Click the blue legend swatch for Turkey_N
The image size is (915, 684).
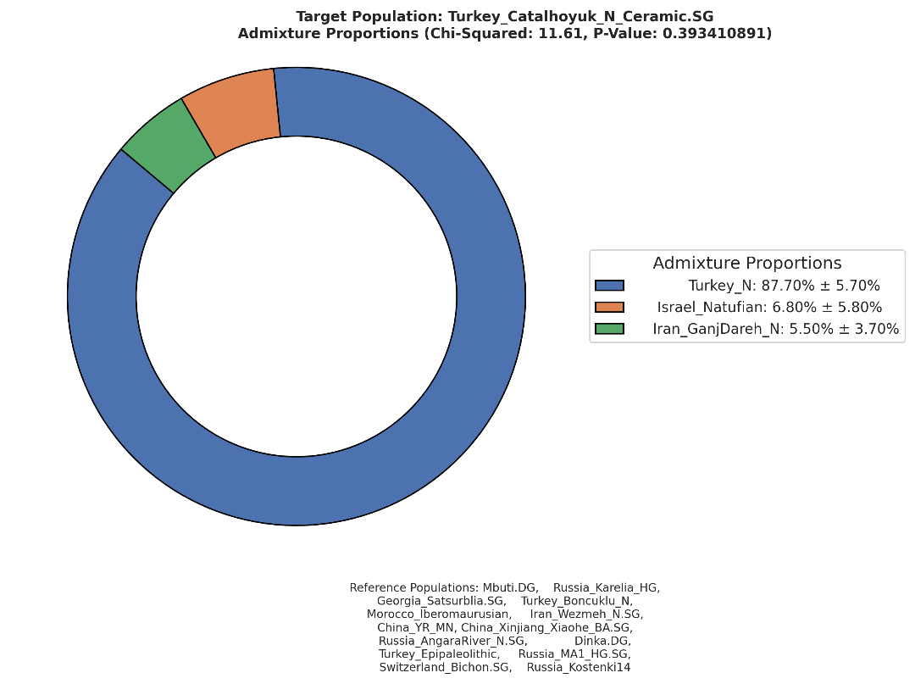point(609,286)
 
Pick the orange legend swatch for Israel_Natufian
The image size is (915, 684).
point(609,307)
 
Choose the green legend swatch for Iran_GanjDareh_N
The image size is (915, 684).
point(609,329)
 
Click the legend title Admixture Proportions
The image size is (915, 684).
point(747,264)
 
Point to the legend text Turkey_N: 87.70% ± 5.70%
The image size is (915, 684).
point(784,286)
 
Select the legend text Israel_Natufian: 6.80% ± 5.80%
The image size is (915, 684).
point(769,307)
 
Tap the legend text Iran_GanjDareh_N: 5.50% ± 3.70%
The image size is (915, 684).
point(775,329)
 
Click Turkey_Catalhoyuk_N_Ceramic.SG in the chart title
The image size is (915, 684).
point(580,16)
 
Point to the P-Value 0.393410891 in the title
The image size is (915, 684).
point(715,33)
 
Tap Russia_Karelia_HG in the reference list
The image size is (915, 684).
point(607,587)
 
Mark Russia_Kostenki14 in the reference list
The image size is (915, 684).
point(579,667)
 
